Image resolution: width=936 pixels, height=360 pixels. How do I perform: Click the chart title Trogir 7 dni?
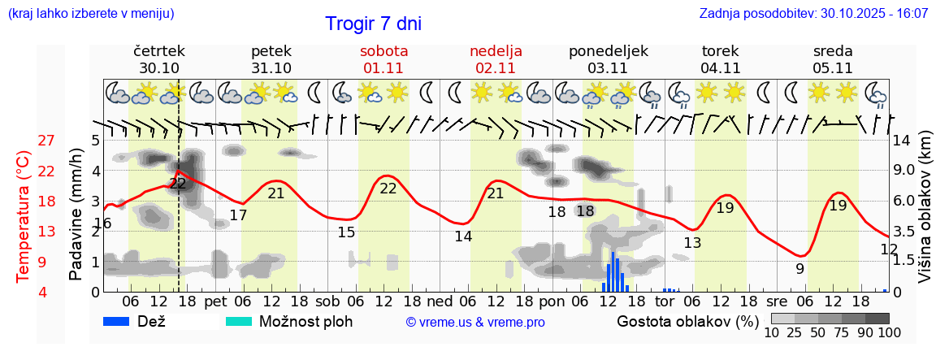[x=373, y=24]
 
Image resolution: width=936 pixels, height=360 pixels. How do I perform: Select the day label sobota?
[x=383, y=50]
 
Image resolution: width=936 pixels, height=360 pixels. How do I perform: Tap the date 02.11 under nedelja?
[x=496, y=68]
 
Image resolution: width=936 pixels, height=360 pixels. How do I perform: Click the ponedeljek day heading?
[x=609, y=50]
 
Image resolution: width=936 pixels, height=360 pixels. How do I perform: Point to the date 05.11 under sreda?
[x=833, y=68]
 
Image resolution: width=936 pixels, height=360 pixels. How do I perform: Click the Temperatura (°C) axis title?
[x=24, y=217]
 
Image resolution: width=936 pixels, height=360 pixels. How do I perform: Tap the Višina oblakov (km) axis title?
[x=925, y=219]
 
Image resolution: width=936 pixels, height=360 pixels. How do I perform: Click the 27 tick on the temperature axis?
[x=46, y=141]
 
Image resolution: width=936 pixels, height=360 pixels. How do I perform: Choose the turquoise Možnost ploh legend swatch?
[x=239, y=321]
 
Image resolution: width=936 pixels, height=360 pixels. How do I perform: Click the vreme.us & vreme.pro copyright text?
[x=475, y=322]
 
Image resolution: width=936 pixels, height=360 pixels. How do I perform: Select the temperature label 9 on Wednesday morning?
[x=800, y=269]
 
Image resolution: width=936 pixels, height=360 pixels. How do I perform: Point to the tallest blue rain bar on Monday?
[x=612, y=271]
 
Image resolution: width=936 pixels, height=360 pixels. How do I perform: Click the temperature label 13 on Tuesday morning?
[x=692, y=242]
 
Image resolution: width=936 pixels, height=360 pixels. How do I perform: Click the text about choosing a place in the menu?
[x=90, y=14]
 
